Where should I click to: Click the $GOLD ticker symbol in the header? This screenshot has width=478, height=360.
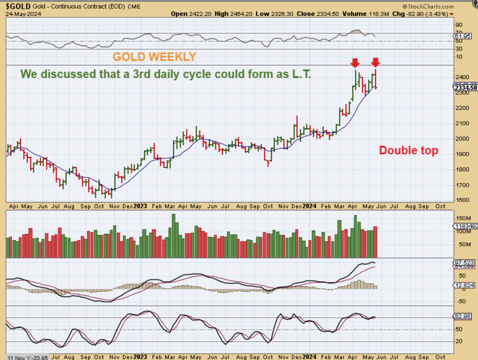point(16,6)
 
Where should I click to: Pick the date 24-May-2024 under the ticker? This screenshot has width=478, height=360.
point(23,14)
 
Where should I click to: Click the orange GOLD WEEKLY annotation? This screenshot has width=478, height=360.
point(154,57)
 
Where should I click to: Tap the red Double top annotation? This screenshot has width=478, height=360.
point(409,150)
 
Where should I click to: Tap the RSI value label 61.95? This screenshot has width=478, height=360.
point(465,36)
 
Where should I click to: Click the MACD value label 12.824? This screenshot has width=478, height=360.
point(465,285)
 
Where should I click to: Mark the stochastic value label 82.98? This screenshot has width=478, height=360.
point(465,316)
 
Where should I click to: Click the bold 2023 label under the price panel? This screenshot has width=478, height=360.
point(140,207)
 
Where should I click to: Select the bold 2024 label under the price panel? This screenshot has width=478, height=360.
point(309,207)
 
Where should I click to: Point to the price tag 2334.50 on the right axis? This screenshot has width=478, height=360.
point(465,88)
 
